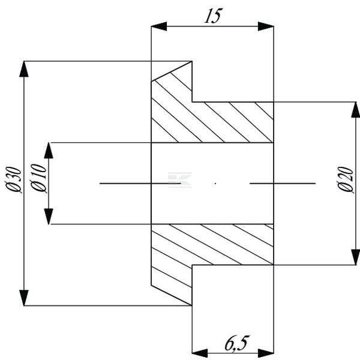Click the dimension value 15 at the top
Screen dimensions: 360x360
click(x=213, y=16)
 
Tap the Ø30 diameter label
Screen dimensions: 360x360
click(x=14, y=179)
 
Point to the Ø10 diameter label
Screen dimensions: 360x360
click(x=39, y=178)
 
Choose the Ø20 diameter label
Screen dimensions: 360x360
click(x=346, y=179)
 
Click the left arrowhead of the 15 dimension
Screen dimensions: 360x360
click(x=159, y=26)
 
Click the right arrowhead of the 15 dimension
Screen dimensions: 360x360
click(x=266, y=26)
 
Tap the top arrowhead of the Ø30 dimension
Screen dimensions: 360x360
click(x=24, y=69)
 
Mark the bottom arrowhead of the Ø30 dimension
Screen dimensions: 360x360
click(x=24, y=298)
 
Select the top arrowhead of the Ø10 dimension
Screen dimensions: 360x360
click(x=49, y=151)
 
